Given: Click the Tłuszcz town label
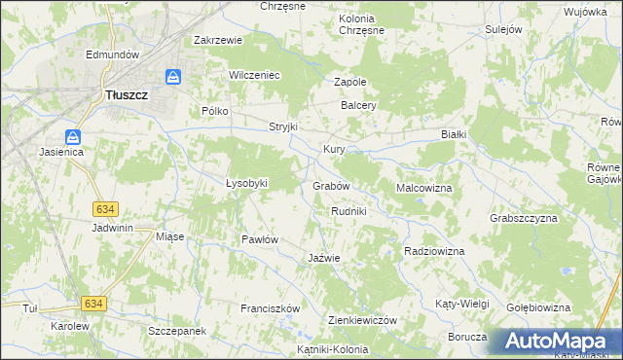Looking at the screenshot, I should [x=127, y=95].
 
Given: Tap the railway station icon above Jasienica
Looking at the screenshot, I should [x=73, y=137].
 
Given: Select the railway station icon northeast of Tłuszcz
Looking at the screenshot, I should [x=172, y=76].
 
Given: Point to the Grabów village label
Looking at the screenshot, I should [x=331, y=185].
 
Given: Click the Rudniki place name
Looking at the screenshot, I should [x=348, y=211].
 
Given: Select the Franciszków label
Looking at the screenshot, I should [x=270, y=308].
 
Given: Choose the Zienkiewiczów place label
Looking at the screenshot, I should [x=362, y=320].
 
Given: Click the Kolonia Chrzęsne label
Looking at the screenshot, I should [x=361, y=24].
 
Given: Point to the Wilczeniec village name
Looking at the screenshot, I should [x=254, y=75].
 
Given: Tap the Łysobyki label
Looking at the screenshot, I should [x=246, y=183].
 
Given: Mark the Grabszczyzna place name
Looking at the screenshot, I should [x=524, y=218].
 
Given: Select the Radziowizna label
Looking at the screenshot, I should [x=434, y=251].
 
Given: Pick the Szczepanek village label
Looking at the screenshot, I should [x=177, y=332].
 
